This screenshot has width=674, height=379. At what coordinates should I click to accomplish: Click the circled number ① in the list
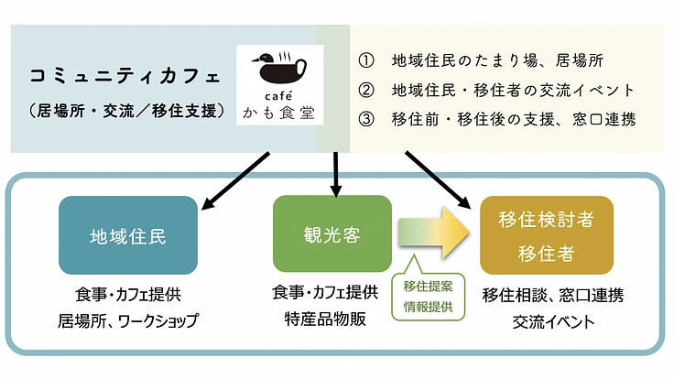pyautogui.click(x=365, y=61)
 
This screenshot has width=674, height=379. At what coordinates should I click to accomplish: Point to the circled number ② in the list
pyautogui.click(x=365, y=91)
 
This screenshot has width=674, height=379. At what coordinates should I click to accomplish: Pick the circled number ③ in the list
pyautogui.click(x=365, y=119)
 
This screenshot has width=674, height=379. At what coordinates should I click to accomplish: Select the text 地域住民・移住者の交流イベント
pyautogui.click(x=512, y=91)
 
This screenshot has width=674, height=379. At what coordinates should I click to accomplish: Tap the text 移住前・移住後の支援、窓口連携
pyautogui.click(x=512, y=119)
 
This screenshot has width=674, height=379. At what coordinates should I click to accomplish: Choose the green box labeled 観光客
pyautogui.click(x=332, y=234)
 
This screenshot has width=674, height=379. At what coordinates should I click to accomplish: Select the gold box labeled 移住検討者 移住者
pyautogui.click(x=546, y=235)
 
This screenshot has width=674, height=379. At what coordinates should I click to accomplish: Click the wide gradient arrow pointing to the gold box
pyautogui.click(x=434, y=235)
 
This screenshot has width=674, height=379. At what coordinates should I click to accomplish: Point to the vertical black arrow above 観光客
pyautogui.click(x=336, y=174)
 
